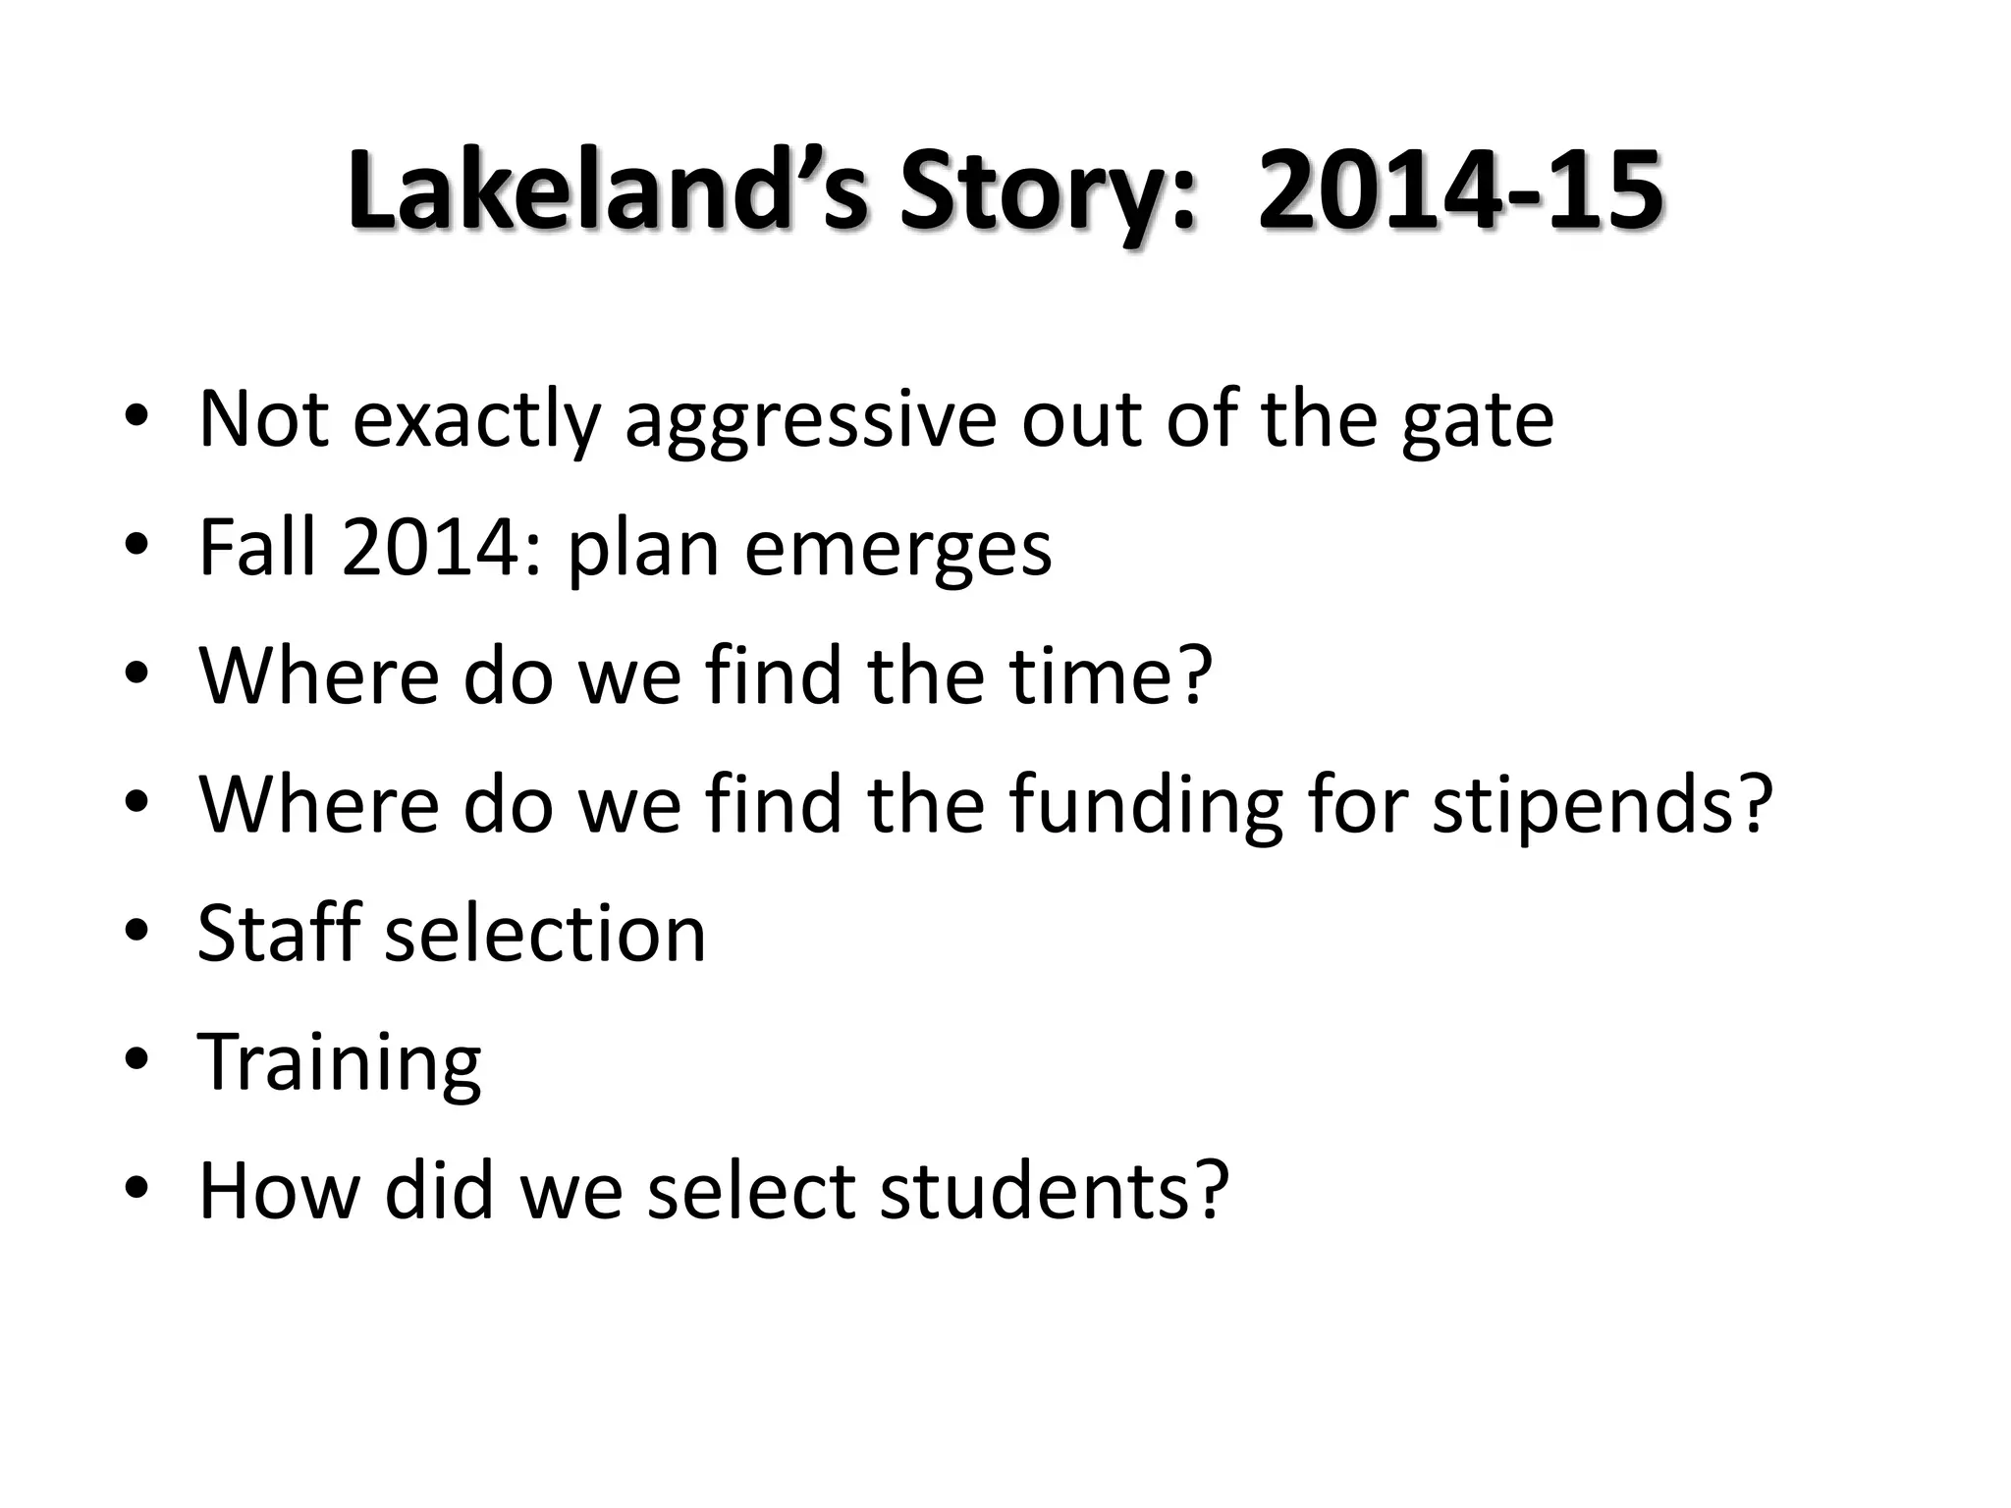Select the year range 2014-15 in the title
[x=1460, y=192]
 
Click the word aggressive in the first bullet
[x=811, y=420]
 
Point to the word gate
[x=1477, y=420]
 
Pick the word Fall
[x=257, y=548]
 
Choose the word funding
[x=1145, y=805]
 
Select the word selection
[x=545, y=934]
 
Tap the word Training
[x=340, y=1063]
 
